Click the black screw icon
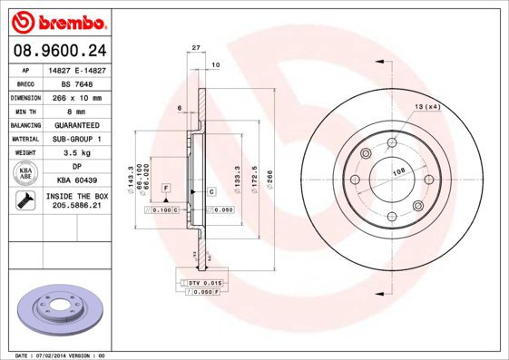(24, 200)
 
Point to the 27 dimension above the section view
(196, 48)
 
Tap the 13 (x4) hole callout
(427, 108)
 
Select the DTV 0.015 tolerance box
(206, 284)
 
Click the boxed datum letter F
(167, 188)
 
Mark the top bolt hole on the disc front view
(392, 142)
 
